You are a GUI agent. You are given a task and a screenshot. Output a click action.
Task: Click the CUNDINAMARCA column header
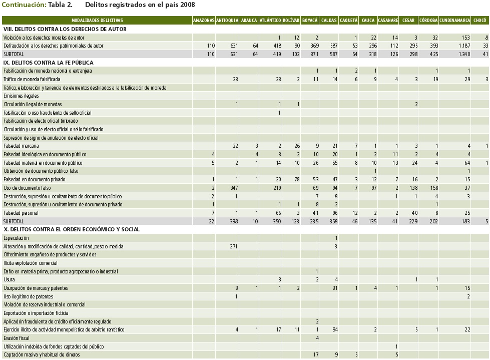454,21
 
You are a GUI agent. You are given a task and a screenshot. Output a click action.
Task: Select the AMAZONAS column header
204,21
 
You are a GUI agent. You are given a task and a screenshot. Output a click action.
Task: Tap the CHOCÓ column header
479,21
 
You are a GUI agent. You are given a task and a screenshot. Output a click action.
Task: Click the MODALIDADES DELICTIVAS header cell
97,21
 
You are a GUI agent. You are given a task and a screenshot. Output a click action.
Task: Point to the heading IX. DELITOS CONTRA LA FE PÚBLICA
48,63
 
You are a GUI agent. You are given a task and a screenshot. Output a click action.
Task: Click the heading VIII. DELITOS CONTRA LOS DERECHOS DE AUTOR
65,29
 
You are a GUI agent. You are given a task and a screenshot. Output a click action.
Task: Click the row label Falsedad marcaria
21,146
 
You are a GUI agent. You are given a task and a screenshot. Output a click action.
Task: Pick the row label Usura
9,279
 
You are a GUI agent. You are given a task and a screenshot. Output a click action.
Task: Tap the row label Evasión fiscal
17,338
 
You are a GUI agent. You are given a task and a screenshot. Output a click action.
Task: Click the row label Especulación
16,238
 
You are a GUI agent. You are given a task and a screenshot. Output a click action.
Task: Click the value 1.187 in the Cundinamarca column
463,46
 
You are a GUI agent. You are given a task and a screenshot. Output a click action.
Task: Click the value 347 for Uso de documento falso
233,188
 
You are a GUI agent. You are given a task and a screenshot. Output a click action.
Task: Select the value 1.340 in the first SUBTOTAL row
463,54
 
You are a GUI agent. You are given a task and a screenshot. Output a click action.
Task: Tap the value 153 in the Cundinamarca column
465,38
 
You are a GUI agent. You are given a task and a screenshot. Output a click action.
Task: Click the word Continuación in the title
24,5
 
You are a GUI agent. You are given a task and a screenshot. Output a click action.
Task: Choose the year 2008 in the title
188,5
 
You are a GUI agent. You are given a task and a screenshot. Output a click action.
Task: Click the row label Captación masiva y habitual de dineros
43,354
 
